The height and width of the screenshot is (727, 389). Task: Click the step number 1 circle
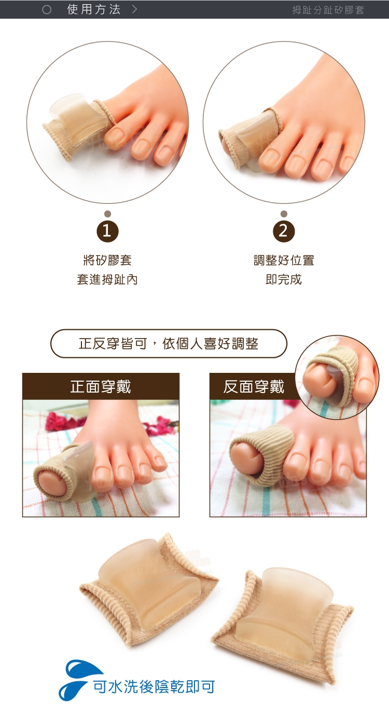(x=108, y=231)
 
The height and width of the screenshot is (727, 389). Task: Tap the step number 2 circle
(x=284, y=231)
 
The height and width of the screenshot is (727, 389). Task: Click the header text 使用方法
(x=94, y=9)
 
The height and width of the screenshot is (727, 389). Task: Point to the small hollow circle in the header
(x=47, y=10)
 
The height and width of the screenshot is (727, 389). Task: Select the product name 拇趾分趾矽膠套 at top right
(x=328, y=10)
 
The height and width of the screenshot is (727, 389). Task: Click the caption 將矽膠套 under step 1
(x=108, y=260)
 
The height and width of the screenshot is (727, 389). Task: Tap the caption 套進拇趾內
(x=108, y=279)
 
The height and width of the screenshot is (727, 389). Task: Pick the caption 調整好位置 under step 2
(x=284, y=260)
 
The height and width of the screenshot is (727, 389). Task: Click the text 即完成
(x=284, y=279)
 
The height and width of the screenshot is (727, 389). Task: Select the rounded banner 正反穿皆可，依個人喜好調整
(x=169, y=344)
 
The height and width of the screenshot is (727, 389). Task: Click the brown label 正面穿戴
(x=101, y=386)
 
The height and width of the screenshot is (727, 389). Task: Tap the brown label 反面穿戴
(x=254, y=386)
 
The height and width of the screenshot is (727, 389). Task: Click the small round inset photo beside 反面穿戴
(x=337, y=377)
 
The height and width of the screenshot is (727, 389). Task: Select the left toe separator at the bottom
(x=149, y=582)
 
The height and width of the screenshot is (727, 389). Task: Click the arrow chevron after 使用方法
(x=135, y=9)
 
